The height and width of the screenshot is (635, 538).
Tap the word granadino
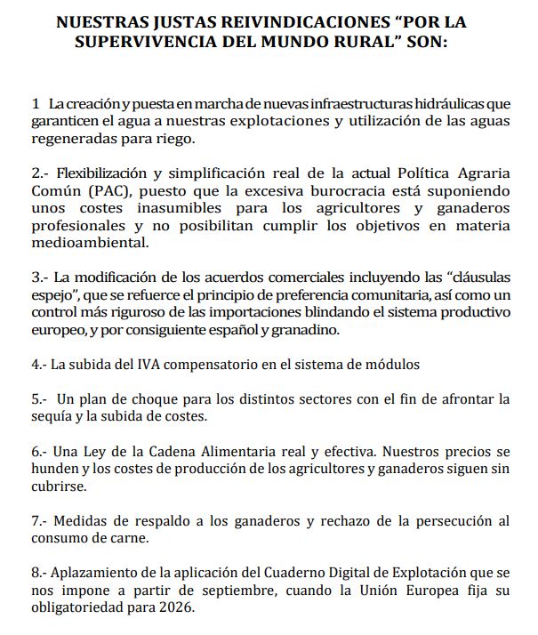[x=321, y=328]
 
